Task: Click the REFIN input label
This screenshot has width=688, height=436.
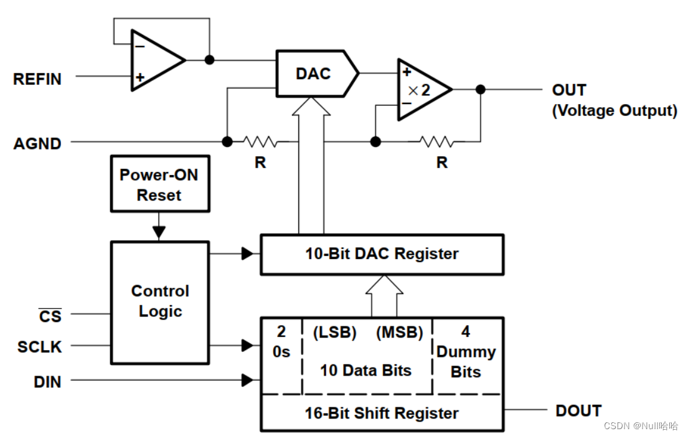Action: coord(37,79)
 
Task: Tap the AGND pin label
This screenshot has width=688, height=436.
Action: coord(37,144)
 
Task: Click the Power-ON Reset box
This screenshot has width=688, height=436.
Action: coord(159,185)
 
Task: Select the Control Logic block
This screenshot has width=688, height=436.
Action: coord(159,301)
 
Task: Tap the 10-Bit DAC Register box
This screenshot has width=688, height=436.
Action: coord(382,254)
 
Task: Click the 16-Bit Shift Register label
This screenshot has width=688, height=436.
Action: coord(382,413)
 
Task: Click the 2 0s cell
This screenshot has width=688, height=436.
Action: coord(281,342)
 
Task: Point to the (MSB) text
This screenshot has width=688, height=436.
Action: coord(399,333)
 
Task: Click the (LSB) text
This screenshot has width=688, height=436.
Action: coord(334,333)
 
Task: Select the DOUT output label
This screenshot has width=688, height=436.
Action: coord(578,411)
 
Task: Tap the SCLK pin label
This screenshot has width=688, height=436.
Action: coord(40,347)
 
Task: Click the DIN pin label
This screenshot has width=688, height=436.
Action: coord(47,381)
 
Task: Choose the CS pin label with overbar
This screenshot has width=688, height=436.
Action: coord(50,316)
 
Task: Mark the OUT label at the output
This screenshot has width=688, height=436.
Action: coord(569,90)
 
